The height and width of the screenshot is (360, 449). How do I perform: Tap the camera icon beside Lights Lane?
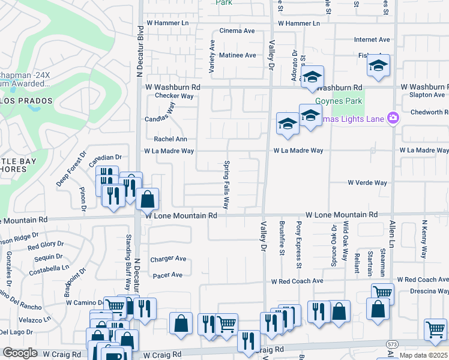[x=393, y=117]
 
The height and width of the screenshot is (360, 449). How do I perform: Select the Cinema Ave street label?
[x=237, y=31]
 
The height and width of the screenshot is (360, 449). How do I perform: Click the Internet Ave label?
[x=372, y=40]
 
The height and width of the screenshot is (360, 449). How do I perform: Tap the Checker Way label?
[x=174, y=95]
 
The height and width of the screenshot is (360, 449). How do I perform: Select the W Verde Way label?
[x=367, y=182]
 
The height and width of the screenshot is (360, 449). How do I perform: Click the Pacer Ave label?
[x=167, y=275]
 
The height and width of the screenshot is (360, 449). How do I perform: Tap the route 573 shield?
[x=392, y=343]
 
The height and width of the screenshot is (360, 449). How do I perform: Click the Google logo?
[x=20, y=353]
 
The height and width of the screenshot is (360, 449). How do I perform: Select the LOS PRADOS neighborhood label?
[x=26, y=101]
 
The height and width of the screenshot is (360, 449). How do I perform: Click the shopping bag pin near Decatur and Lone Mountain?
[x=147, y=199]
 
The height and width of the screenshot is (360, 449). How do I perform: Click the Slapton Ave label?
[x=427, y=95]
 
